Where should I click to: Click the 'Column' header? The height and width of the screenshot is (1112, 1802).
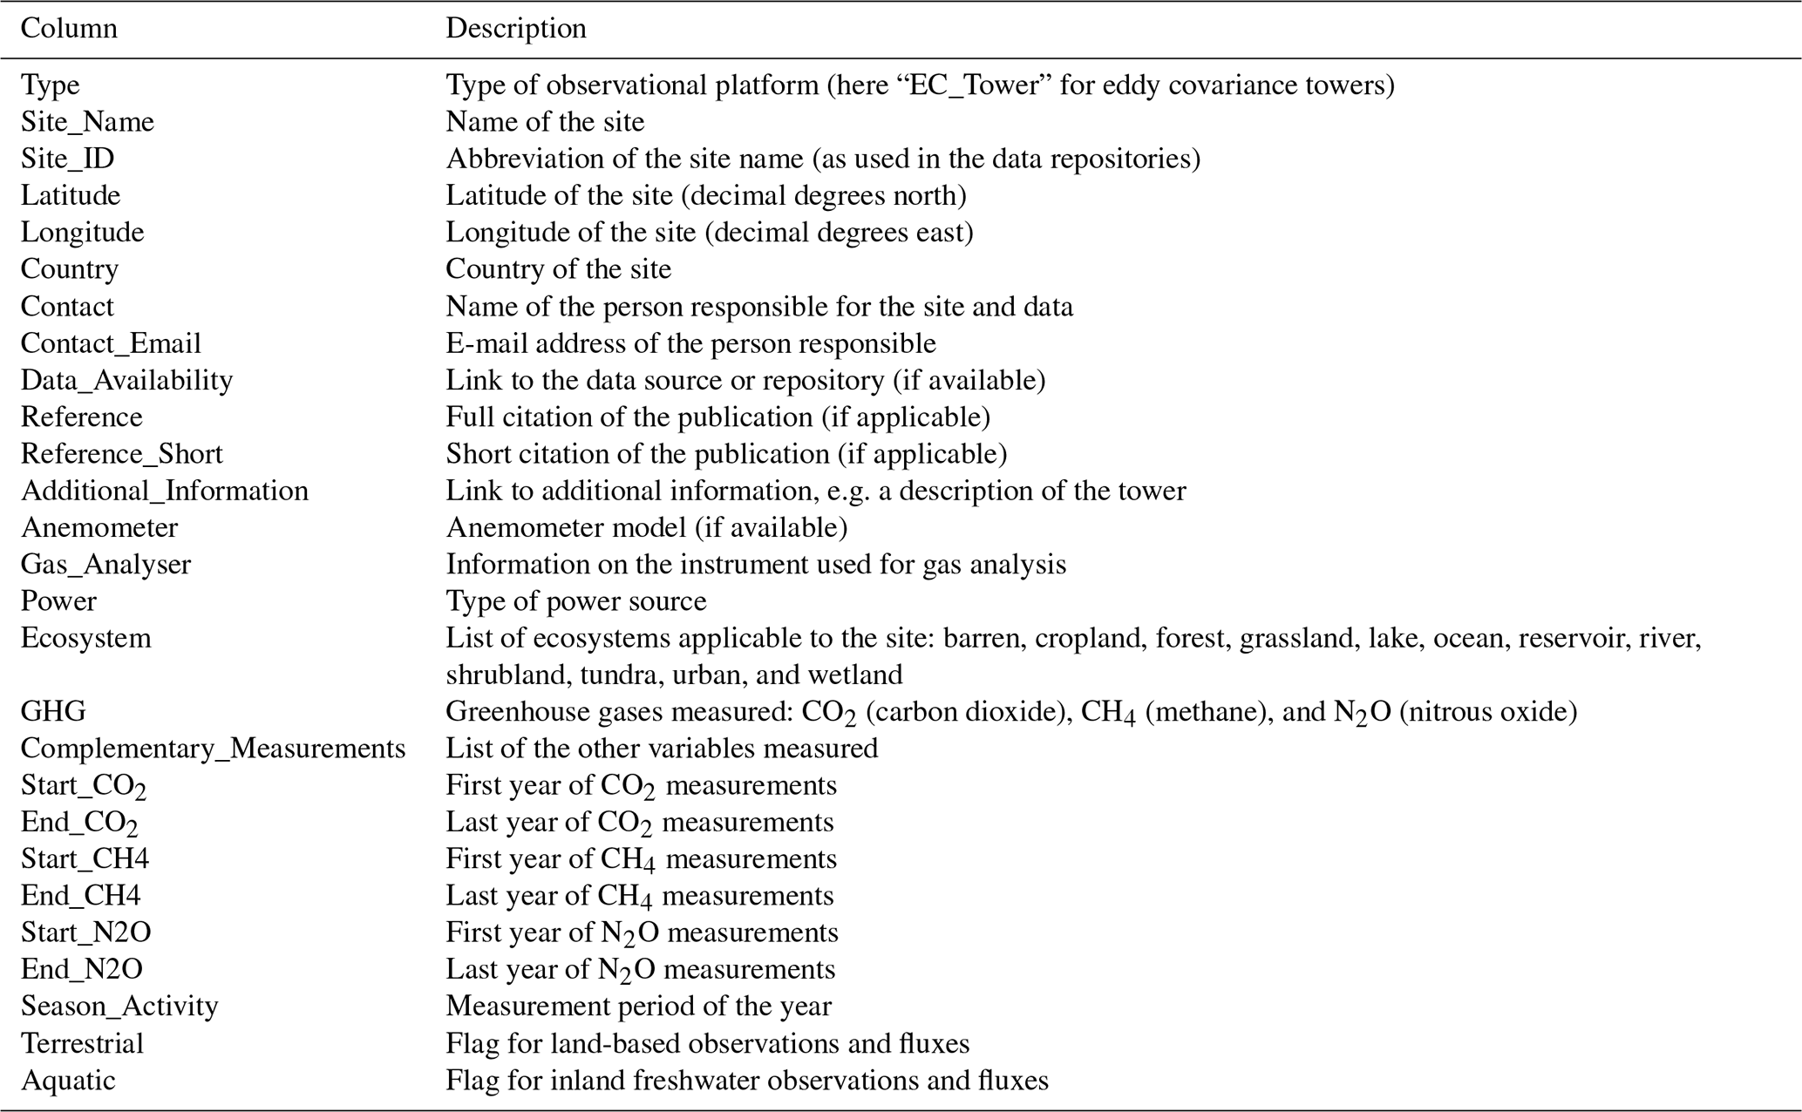coord(69,29)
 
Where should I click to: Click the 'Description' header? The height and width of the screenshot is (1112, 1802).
coord(516,29)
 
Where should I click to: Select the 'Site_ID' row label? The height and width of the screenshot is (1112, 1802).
coord(67,159)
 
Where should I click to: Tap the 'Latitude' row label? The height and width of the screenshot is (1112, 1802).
coord(71,195)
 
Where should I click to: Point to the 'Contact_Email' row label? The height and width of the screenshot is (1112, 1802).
coord(111,343)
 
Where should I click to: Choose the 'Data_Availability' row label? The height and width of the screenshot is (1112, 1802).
coord(126,380)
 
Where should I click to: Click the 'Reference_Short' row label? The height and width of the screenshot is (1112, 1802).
coord(121,454)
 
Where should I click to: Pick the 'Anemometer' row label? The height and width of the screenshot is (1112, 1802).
coord(99,527)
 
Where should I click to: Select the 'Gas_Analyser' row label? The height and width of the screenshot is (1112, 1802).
coord(105,565)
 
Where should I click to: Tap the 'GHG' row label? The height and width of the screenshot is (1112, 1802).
coord(53,712)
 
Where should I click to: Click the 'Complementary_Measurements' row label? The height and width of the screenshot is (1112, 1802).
coord(213,749)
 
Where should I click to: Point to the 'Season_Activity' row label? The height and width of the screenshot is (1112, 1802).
coord(119,1007)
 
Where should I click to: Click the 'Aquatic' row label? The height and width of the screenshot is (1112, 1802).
coord(68,1081)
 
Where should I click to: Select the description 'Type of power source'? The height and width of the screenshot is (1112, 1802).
coord(576,601)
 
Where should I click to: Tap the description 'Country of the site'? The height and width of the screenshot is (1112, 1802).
coord(559,269)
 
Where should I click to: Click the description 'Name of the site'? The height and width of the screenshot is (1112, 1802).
coord(545,122)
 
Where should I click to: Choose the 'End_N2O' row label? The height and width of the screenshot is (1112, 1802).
coord(82,969)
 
